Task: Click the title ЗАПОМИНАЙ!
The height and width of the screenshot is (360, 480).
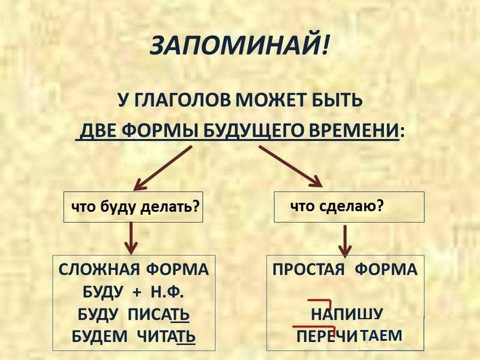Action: click(239, 46)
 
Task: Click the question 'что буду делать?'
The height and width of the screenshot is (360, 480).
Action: click(134, 207)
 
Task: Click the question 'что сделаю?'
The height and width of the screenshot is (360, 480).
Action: click(337, 206)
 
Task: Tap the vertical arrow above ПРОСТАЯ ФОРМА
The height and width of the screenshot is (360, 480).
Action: click(344, 239)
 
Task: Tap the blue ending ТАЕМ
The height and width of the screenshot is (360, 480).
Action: click(382, 335)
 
